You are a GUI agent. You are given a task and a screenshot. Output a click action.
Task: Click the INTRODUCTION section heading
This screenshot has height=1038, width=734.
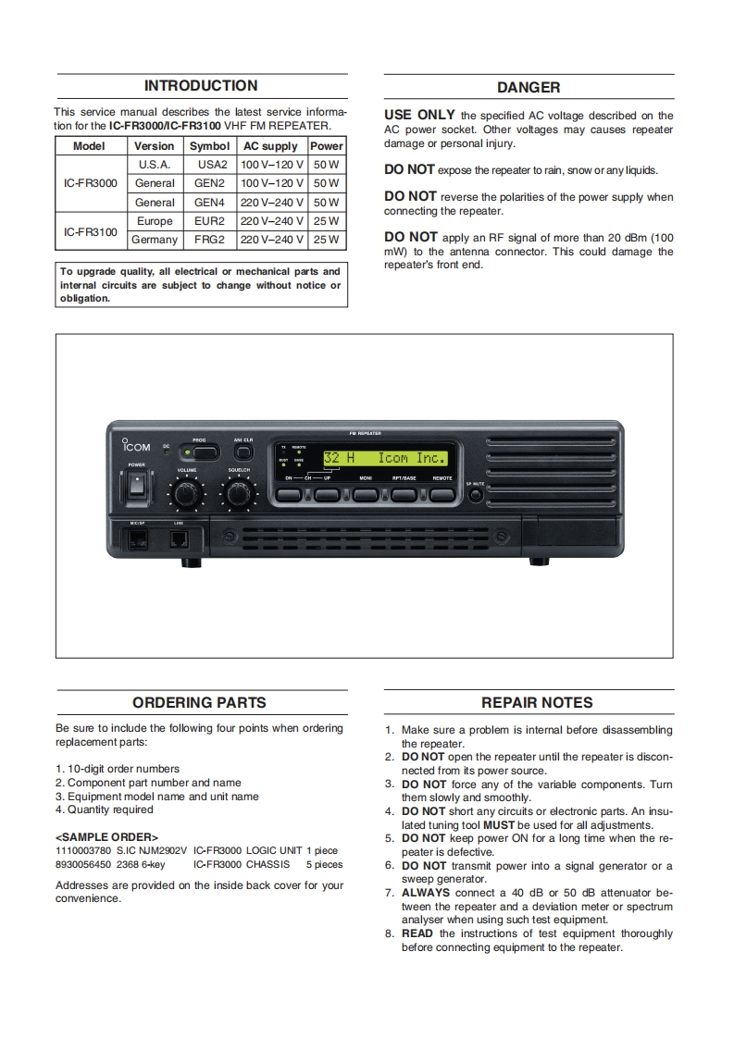click(201, 86)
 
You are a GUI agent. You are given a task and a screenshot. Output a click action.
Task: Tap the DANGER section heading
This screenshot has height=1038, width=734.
click(529, 87)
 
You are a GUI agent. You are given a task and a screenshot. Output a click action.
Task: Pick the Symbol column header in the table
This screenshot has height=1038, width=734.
click(209, 146)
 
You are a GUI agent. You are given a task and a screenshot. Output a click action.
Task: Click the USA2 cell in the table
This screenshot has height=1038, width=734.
click(212, 165)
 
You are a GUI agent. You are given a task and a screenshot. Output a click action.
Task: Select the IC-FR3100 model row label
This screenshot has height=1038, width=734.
click(91, 231)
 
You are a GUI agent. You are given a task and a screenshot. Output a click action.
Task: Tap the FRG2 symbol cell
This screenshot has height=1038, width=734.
click(209, 240)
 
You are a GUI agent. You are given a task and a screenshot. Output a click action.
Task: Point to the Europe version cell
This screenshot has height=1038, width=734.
click(155, 221)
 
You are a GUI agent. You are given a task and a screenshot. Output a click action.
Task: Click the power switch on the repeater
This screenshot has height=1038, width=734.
click(137, 483)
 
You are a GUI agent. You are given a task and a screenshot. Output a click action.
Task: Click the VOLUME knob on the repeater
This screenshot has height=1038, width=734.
click(187, 496)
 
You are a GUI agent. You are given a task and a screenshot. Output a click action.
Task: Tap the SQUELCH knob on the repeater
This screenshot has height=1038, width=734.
click(239, 496)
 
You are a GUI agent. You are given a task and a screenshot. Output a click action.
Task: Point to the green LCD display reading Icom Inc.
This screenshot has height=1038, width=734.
click(385, 458)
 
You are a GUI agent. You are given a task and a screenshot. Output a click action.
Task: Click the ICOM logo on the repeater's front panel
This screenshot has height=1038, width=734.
click(137, 447)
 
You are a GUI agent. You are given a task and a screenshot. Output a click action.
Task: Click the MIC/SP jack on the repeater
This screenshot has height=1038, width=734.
click(137, 538)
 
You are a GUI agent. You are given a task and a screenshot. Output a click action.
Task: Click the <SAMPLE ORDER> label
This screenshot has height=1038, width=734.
click(107, 837)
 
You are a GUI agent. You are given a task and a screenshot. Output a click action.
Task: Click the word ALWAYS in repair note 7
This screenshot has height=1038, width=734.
click(425, 893)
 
